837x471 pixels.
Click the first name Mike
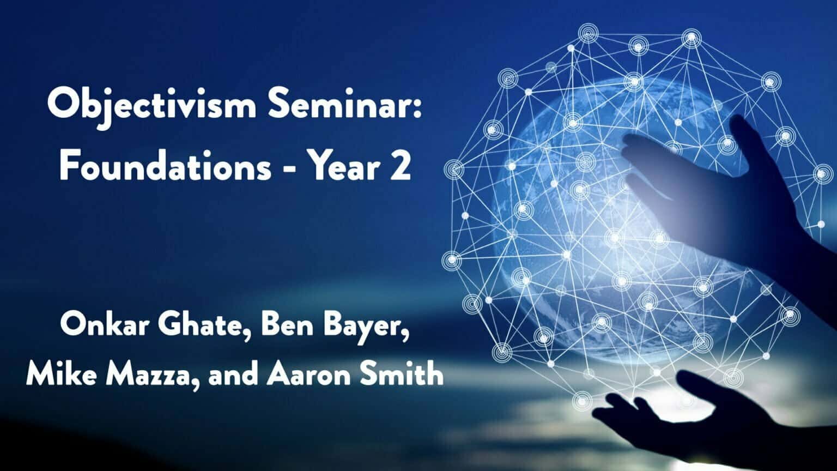60,375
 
